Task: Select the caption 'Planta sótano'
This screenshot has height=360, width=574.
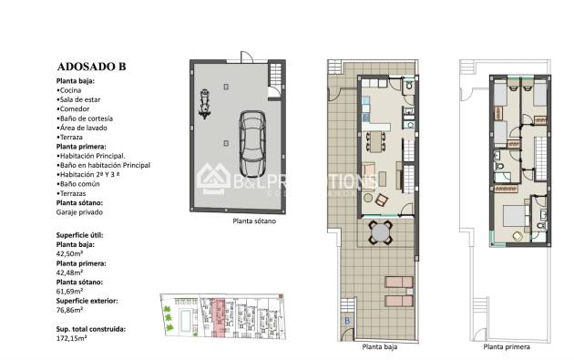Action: (253, 221)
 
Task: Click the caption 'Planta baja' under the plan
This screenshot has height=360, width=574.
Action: (379, 347)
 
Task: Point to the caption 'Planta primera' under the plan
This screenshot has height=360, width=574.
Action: (507, 347)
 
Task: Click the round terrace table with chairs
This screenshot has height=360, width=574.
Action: (378, 234)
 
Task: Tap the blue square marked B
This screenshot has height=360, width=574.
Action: (346, 321)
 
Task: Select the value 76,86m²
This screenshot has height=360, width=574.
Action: (72, 310)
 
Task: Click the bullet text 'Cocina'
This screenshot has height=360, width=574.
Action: (72, 91)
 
